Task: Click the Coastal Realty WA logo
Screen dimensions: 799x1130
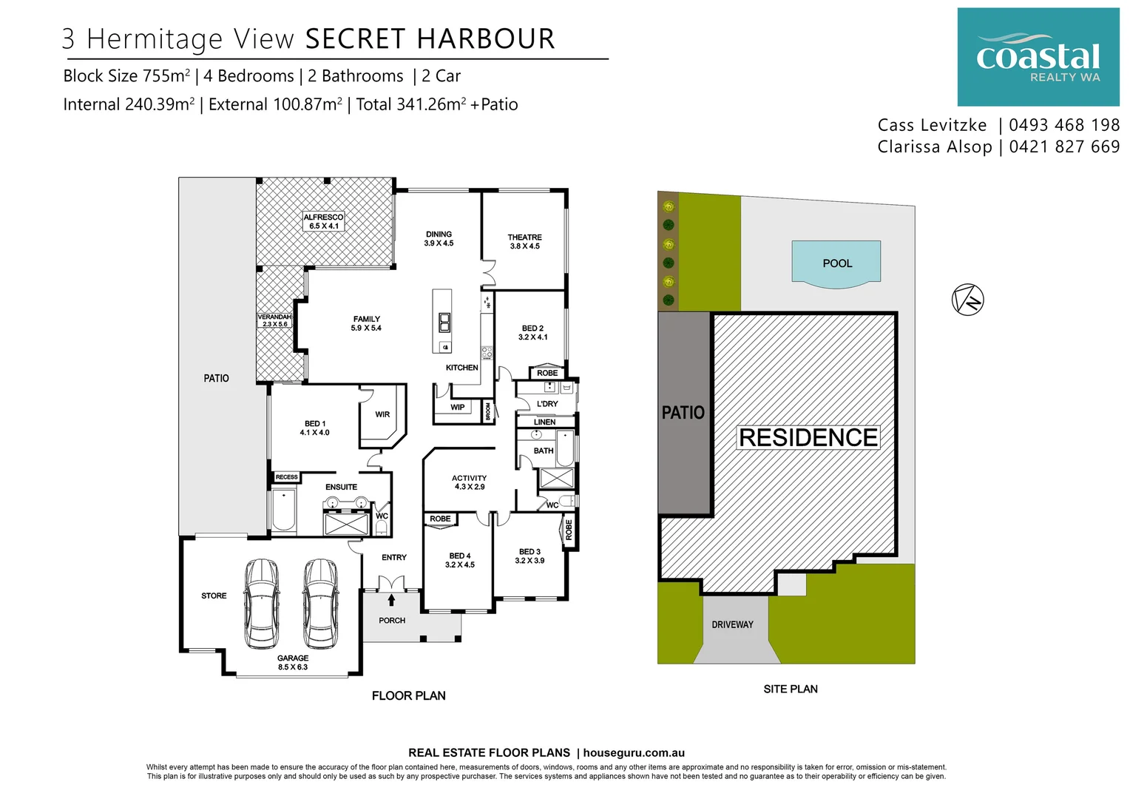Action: [x=1038, y=57]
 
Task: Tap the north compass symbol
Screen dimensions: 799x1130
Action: [x=967, y=300]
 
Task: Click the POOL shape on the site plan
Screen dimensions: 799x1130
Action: [x=836, y=262]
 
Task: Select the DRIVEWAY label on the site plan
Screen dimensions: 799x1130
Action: [x=732, y=624]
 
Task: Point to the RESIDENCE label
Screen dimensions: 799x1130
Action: [x=808, y=437]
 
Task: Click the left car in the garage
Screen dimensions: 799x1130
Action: [x=263, y=603]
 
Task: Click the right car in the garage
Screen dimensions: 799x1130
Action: [x=320, y=603]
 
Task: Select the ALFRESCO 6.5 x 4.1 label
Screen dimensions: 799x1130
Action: [x=324, y=221]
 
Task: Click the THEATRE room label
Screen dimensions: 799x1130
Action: [x=524, y=242]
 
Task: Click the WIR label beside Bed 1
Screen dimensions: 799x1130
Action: [x=382, y=414]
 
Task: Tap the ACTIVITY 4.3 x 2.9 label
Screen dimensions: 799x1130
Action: [x=470, y=482]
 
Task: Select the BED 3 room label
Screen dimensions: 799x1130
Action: [x=530, y=556]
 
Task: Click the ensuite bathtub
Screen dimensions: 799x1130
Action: [x=284, y=511]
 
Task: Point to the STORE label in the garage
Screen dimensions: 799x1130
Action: [x=214, y=596]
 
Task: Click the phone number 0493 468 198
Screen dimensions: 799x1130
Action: [x=1064, y=125]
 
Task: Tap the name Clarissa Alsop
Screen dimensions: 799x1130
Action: [x=935, y=146]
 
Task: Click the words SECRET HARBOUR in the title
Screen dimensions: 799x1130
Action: [x=430, y=39]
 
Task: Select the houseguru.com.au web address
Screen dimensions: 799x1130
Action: [x=634, y=752]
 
